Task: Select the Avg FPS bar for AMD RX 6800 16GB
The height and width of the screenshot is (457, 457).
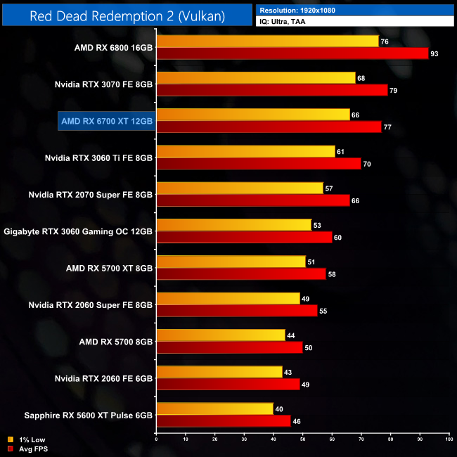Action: pyautogui.click(x=292, y=53)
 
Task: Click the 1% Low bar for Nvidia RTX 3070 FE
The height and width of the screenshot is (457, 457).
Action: pyautogui.click(x=255, y=78)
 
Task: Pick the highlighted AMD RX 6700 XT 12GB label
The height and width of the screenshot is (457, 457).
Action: pyautogui.click(x=107, y=121)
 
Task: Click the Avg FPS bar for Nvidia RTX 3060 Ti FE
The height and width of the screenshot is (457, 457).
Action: pyautogui.click(x=258, y=163)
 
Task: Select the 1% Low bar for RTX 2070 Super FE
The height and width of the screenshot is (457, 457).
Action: pyautogui.click(x=239, y=188)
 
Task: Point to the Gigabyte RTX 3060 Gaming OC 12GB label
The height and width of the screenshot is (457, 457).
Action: pyautogui.click(x=79, y=231)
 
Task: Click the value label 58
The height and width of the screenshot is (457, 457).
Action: pyautogui.click(x=331, y=273)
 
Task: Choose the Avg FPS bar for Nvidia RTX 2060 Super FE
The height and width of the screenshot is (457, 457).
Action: pyautogui.click(x=236, y=309)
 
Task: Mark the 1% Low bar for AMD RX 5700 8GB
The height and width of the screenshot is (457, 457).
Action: pyautogui.click(x=220, y=334)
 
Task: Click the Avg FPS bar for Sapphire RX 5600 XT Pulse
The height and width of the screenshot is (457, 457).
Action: pyautogui.click(x=223, y=420)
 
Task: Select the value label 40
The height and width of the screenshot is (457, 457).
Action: pyautogui.click(x=279, y=408)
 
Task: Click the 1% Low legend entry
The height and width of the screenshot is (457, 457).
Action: pyautogui.click(x=27, y=439)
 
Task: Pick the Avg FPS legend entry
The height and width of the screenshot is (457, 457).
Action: pyautogui.click(x=27, y=448)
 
